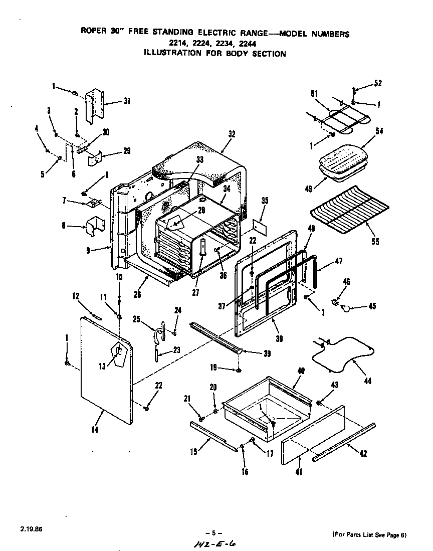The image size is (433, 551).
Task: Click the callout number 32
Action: (x=231, y=134)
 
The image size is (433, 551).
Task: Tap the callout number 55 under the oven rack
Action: (x=375, y=241)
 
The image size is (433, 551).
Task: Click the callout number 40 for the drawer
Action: (x=301, y=371)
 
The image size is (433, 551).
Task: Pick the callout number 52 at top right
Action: (x=378, y=83)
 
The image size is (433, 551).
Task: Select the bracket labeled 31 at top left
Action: (x=96, y=106)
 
